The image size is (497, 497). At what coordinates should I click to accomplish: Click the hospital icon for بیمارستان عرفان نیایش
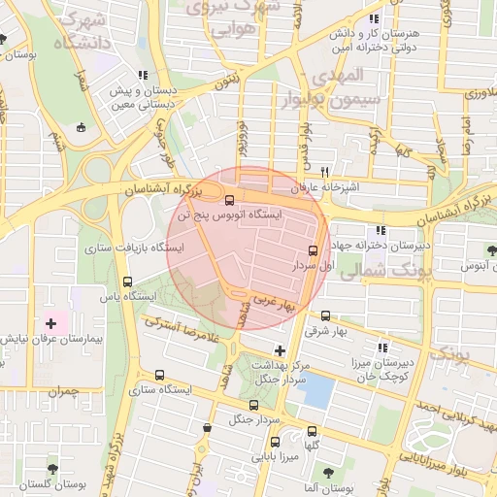pos(50,321)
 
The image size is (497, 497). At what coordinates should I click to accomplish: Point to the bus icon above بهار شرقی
pos(324,315)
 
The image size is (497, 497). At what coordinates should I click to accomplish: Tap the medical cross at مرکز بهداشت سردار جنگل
pos(281,350)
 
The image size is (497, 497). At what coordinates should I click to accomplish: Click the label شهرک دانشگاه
pos(77,31)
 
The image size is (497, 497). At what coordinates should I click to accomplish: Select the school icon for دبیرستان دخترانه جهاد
pos(381,231)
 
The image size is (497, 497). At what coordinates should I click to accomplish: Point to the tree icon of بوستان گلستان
pos(52,469)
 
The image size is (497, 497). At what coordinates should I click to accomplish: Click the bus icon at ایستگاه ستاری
pos(158,375)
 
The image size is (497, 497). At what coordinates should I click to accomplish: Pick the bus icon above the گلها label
pos(312,431)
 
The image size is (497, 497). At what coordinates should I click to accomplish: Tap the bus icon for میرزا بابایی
pos(276,441)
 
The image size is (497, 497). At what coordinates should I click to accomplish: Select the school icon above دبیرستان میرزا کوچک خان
pos(383,347)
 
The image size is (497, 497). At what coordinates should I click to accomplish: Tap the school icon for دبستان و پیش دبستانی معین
pos(143,75)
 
